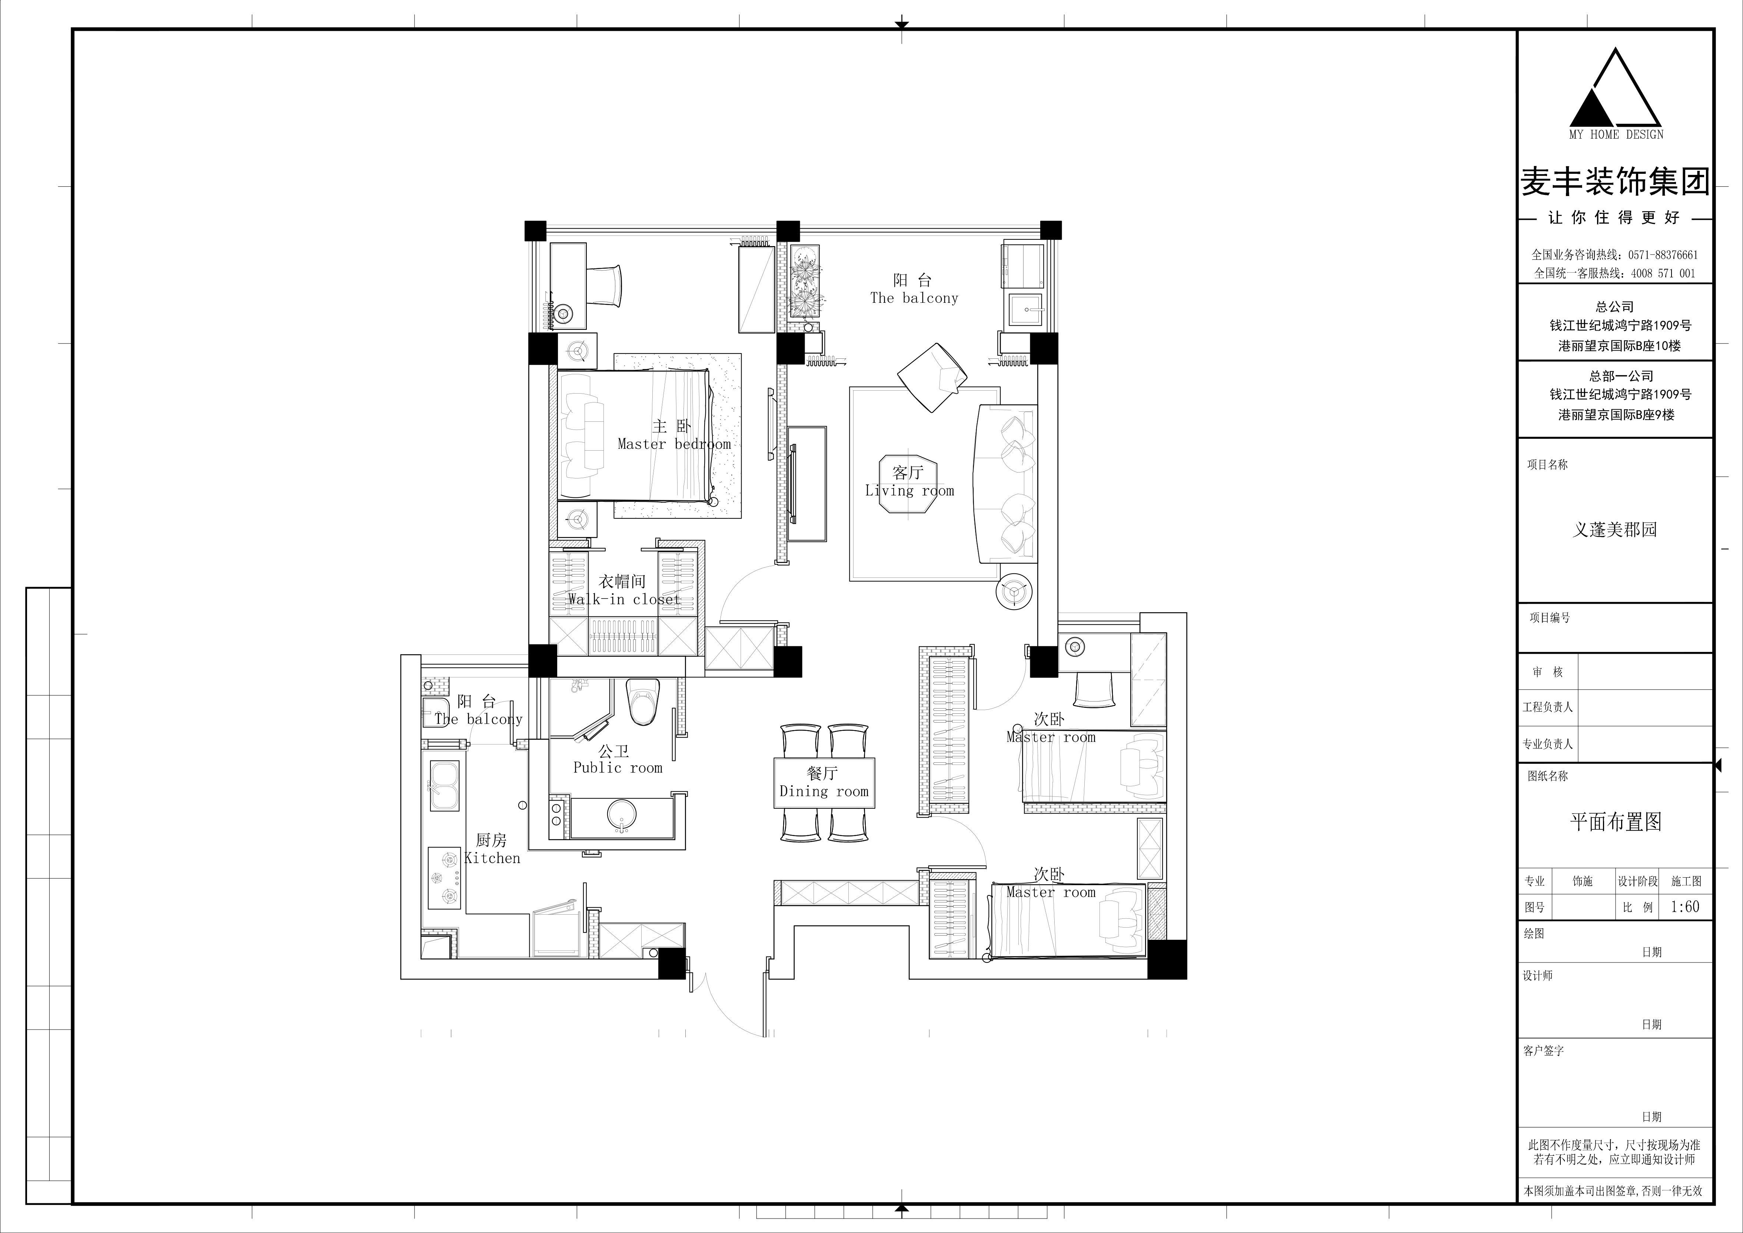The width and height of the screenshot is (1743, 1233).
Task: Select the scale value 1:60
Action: coord(1685,906)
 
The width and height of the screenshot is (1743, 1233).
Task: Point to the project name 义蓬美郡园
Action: coord(1615,529)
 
